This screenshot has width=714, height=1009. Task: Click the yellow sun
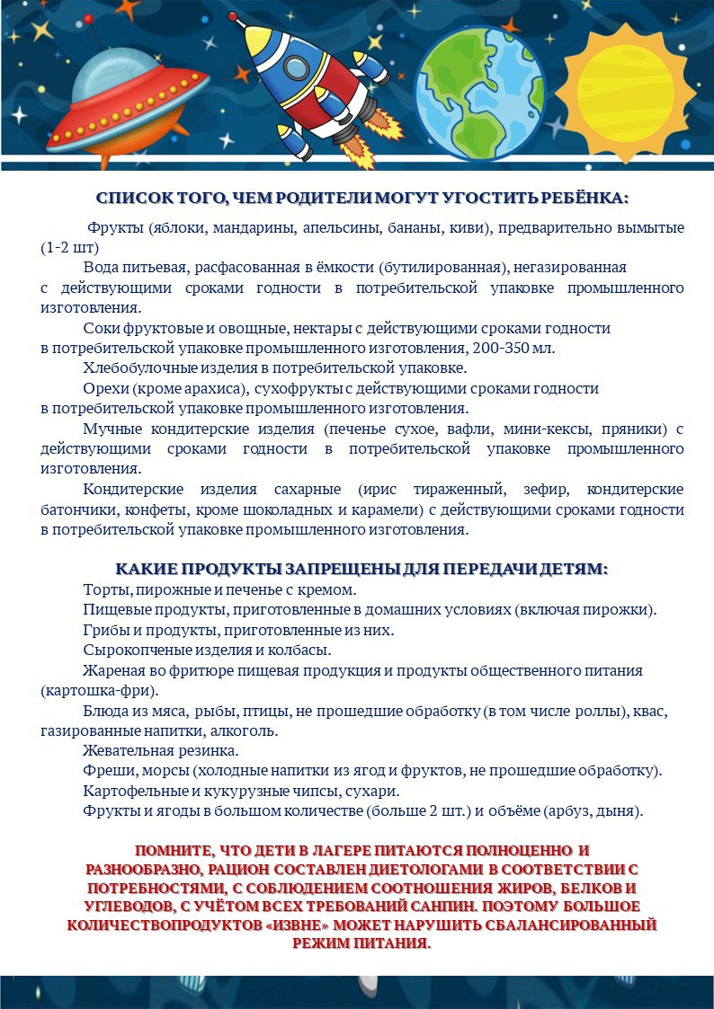(x=626, y=85)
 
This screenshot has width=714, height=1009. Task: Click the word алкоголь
(x=245, y=730)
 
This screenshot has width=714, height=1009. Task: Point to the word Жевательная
(x=128, y=750)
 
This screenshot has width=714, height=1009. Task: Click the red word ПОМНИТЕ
(x=173, y=850)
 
